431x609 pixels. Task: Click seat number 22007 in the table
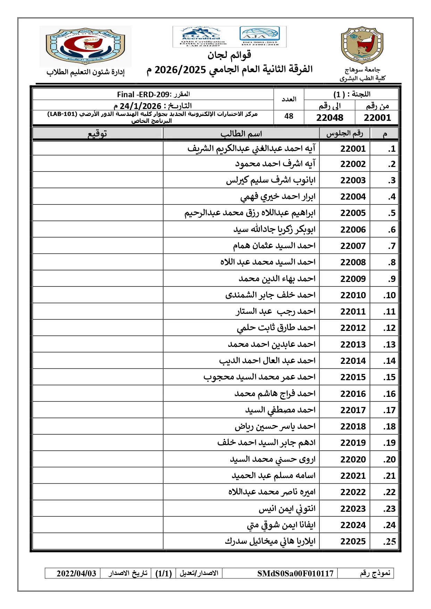tap(353, 246)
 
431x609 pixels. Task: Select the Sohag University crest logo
tap(362, 45)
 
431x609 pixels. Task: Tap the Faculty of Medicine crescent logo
tap(85, 46)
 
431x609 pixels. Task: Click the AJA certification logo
tap(259, 36)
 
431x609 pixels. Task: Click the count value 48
tap(289, 116)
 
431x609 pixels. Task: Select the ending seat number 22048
tap(330, 118)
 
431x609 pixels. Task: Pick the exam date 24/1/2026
tap(140, 106)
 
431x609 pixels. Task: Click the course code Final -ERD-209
tap(143, 94)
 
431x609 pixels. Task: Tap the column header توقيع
tap(97, 134)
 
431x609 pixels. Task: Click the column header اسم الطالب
tap(241, 134)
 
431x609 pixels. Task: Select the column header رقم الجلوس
tap(345, 134)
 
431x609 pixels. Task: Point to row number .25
tap(389, 542)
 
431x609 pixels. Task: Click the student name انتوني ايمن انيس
tap(287, 509)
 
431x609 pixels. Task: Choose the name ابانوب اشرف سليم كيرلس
tap(271, 180)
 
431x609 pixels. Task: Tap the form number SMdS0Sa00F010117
tap(295, 573)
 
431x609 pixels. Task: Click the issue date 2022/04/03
tap(76, 573)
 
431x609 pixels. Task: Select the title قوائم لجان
tap(230, 55)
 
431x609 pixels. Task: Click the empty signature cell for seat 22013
tap(98, 344)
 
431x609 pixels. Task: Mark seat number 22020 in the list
tap(353, 459)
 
